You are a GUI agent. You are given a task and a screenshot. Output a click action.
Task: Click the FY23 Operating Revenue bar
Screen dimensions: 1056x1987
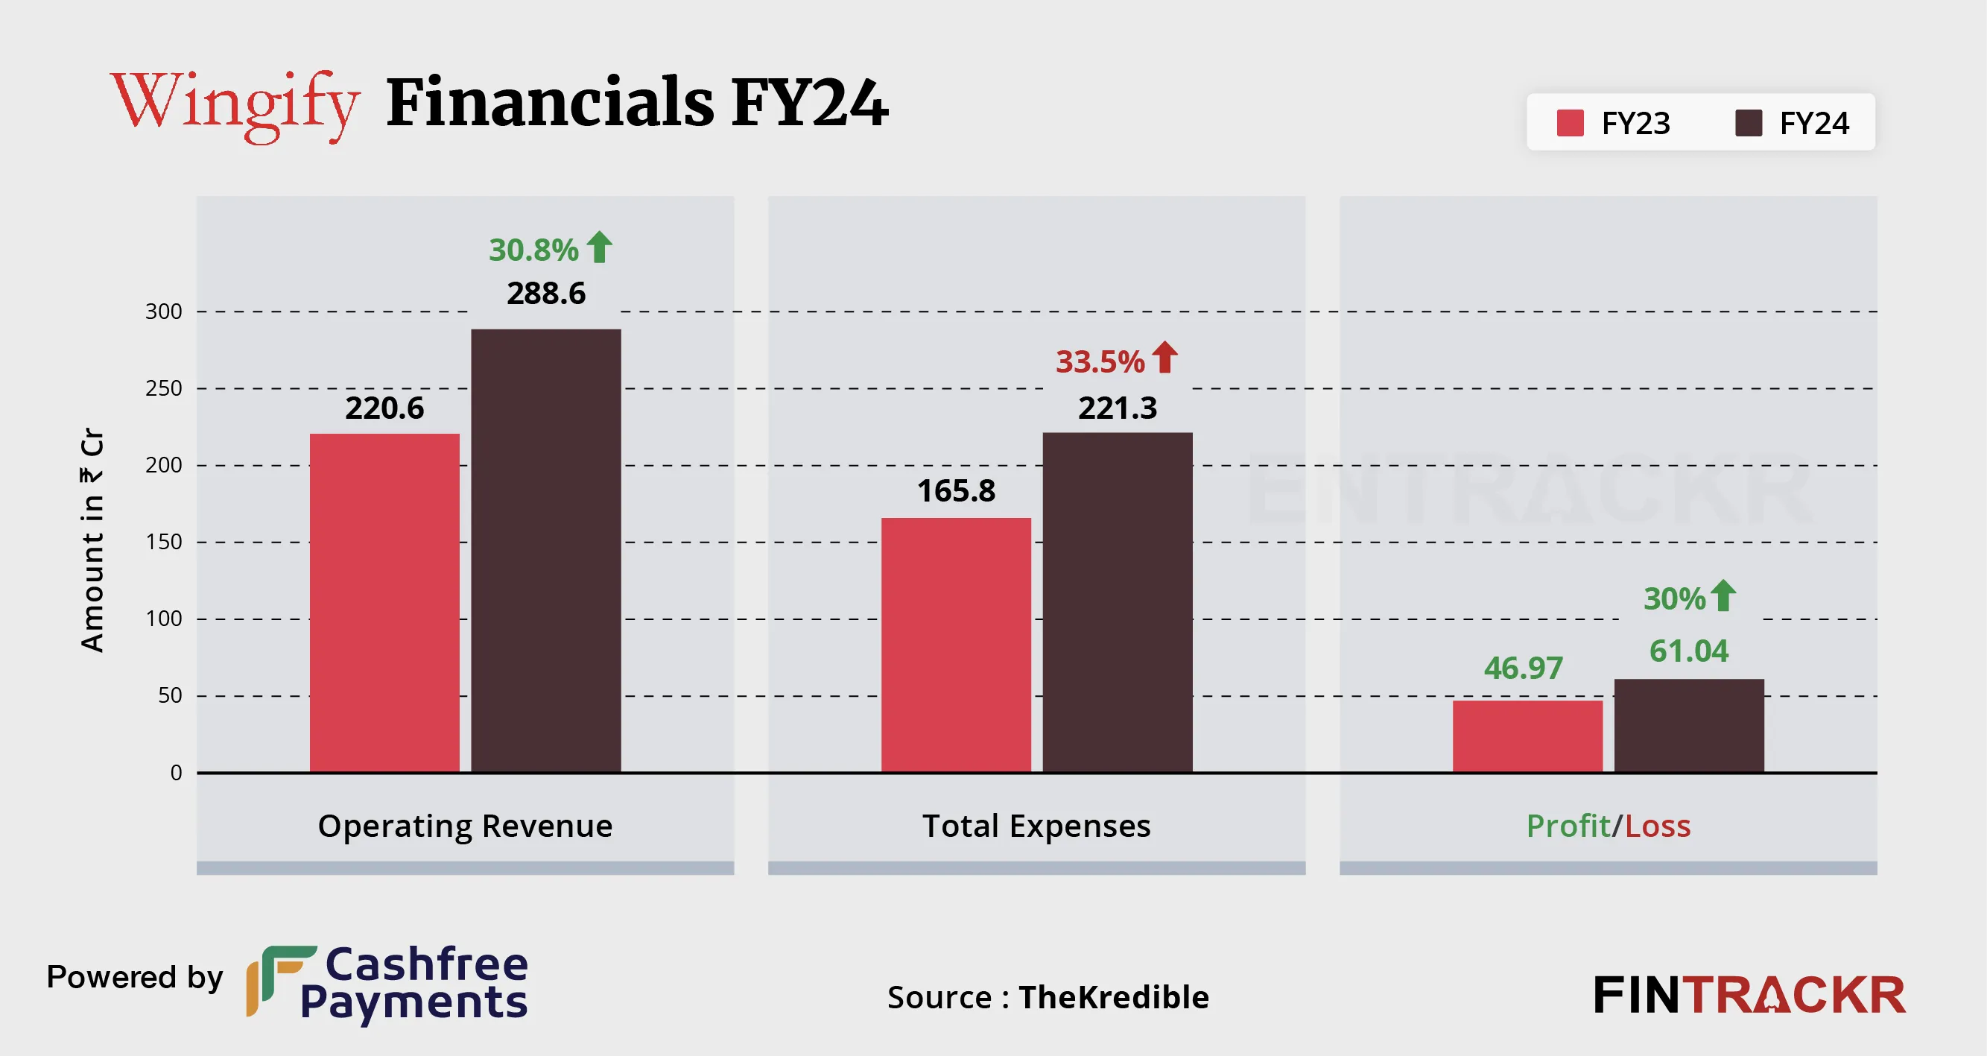[x=384, y=602]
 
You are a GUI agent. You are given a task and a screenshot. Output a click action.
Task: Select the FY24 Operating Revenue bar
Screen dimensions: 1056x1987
[x=545, y=550]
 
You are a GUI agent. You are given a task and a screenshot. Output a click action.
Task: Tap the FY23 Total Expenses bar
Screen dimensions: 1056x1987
[x=956, y=644]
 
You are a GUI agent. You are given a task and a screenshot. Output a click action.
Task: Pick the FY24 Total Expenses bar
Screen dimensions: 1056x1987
[x=1117, y=601]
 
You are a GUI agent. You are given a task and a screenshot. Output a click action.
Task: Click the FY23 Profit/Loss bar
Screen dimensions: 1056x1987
[x=1527, y=736]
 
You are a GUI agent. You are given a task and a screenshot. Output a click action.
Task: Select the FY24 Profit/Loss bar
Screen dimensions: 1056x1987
[x=1688, y=725]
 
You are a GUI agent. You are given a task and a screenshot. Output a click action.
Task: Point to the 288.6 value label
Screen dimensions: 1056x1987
[x=545, y=293]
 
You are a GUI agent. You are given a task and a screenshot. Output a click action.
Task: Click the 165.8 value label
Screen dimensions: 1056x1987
[x=956, y=490]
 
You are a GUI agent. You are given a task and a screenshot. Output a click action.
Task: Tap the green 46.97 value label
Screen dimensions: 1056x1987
[x=1523, y=668]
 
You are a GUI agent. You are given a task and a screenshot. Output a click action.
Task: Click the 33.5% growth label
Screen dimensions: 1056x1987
[x=1100, y=361]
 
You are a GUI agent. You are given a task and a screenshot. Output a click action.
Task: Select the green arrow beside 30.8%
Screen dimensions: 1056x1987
[x=599, y=247]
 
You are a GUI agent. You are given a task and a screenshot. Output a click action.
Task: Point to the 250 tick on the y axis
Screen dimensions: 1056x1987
[x=163, y=388]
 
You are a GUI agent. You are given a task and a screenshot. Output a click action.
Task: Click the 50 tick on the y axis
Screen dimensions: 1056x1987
[x=170, y=696]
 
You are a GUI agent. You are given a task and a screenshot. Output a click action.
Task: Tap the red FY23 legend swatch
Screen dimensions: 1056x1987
[x=1570, y=123]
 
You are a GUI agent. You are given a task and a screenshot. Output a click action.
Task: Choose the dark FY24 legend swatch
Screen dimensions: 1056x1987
[x=1748, y=123]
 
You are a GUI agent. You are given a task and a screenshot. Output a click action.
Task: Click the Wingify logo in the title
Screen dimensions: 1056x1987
[x=235, y=104]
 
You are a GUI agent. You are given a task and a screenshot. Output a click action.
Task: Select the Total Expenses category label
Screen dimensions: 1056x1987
[x=1036, y=826]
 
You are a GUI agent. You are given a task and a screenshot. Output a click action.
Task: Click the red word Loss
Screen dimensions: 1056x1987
[x=1658, y=826]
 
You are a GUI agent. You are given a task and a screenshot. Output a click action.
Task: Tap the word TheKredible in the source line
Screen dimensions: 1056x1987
[x=1113, y=997]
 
